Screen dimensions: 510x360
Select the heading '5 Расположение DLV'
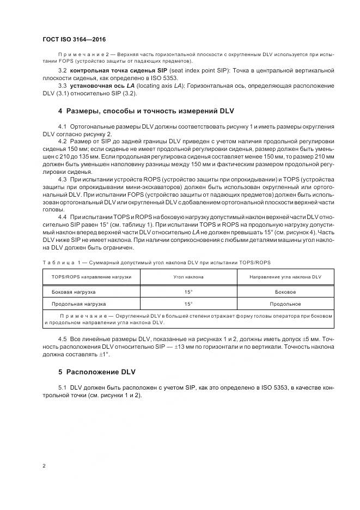[x=96, y=372]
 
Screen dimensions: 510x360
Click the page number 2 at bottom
[x=44, y=466]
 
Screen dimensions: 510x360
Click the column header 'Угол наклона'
[x=188, y=277]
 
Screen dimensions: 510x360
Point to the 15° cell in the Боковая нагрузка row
[x=188, y=292]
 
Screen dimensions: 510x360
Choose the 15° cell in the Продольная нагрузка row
[x=188, y=304]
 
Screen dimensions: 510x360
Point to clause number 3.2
[x=62, y=71]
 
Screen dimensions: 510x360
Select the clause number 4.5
[x=62, y=339]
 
